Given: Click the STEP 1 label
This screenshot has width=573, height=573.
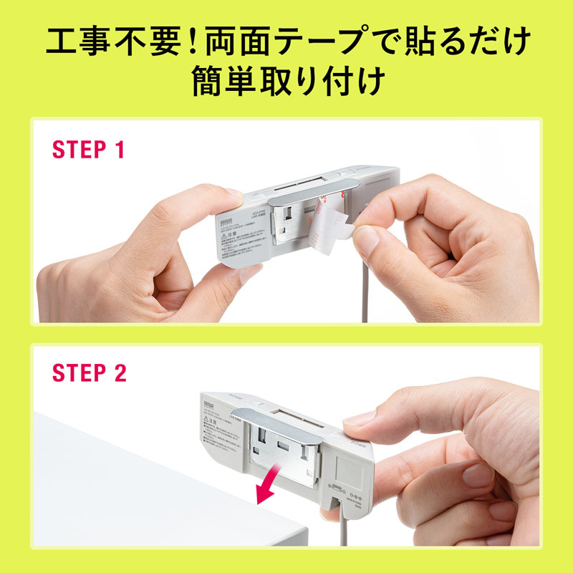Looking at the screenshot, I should (x=89, y=150).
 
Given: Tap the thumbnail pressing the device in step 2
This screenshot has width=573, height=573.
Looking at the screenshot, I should (x=356, y=423).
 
